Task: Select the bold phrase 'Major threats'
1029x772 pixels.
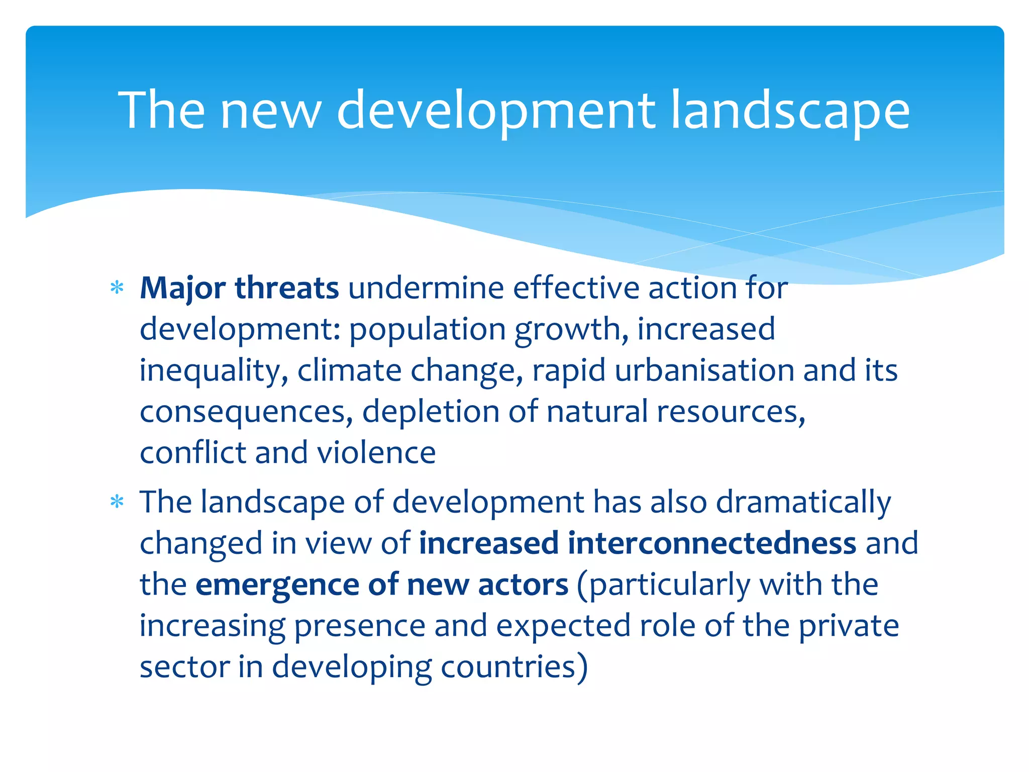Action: click(239, 288)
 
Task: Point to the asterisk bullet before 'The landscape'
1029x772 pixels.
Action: click(117, 502)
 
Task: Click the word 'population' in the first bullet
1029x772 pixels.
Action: click(427, 330)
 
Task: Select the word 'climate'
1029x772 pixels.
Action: click(349, 371)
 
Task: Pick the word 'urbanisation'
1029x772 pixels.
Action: click(704, 371)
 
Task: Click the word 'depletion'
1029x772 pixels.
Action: click(431, 412)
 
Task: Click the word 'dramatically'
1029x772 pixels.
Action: click(803, 502)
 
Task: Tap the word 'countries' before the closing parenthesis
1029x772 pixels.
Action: click(508, 667)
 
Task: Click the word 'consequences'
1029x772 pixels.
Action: click(243, 412)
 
